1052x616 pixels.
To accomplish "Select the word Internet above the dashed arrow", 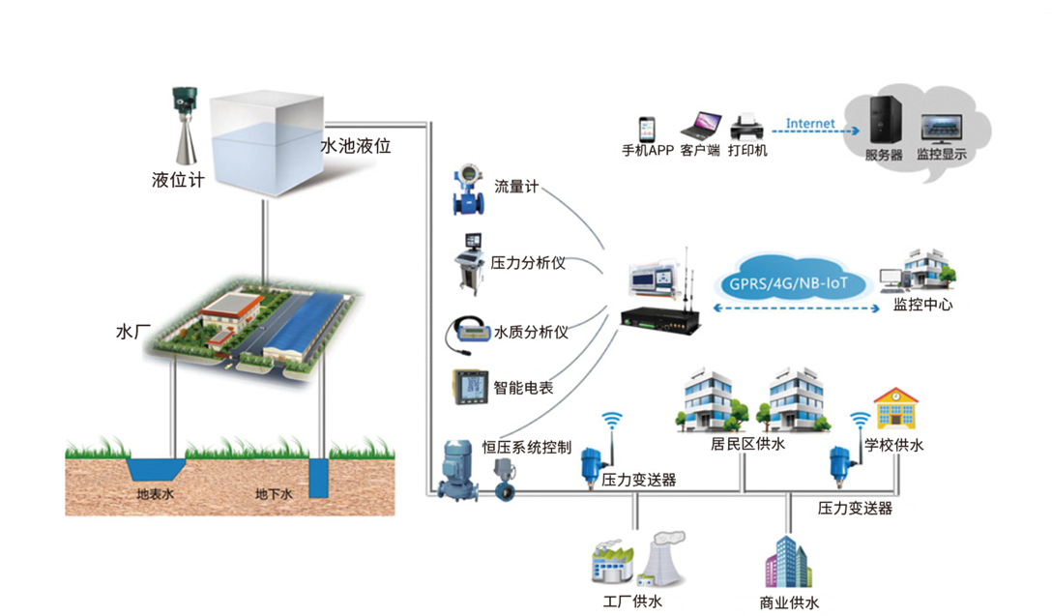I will point(809,124).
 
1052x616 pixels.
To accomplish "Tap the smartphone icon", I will point(646,130).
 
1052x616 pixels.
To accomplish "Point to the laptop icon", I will point(700,126).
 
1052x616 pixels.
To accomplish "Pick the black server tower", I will point(884,121).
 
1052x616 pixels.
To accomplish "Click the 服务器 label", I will point(884,155).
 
